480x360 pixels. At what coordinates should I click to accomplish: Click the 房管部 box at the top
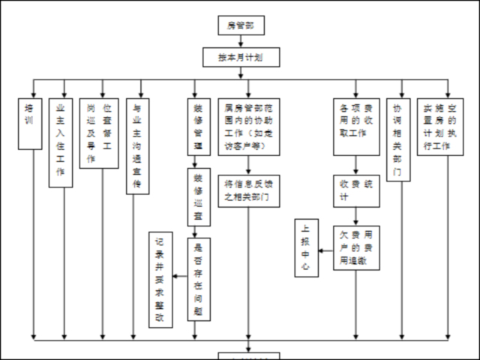(x=241, y=26)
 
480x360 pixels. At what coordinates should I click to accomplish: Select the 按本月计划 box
(x=240, y=57)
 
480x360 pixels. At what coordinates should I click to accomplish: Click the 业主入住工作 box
(x=61, y=142)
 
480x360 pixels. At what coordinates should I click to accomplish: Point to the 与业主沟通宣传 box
(x=136, y=145)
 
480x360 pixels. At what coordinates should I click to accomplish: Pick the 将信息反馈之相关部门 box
(x=249, y=191)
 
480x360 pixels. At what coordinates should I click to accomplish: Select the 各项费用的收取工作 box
(x=356, y=125)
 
